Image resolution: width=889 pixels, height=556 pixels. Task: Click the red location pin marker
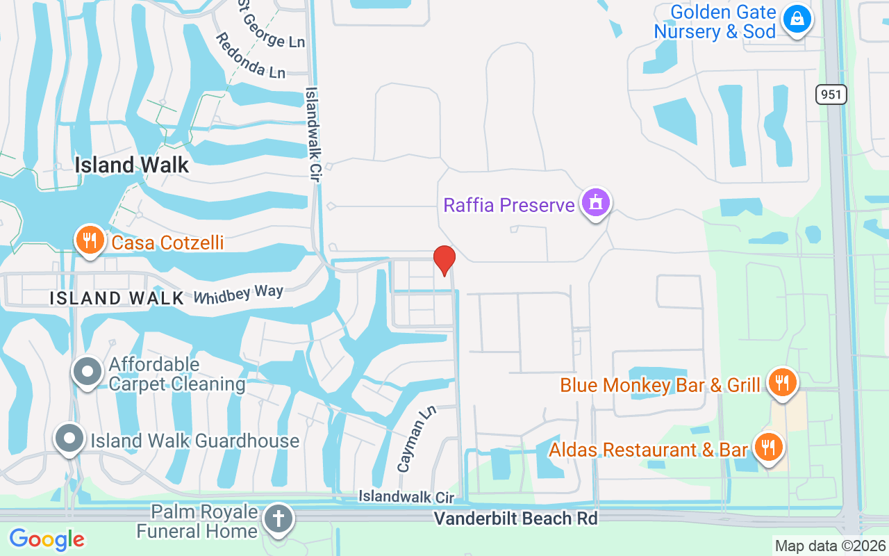click(444, 261)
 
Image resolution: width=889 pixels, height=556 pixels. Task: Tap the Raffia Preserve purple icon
click(596, 203)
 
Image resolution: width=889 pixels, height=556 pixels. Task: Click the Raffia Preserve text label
click(509, 205)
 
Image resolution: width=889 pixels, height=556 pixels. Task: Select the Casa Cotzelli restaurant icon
click(90, 240)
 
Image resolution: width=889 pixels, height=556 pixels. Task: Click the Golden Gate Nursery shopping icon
click(797, 19)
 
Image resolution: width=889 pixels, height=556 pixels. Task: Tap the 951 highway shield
click(831, 95)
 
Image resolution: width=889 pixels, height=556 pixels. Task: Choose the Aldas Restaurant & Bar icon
click(767, 448)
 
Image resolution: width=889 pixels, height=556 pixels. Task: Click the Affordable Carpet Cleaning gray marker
click(88, 372)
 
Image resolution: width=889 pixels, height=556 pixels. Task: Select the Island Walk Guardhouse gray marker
click(69, 439)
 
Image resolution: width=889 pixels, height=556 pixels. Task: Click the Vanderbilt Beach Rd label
click(515, 518)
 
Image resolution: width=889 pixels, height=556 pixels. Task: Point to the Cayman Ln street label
click(416, 439)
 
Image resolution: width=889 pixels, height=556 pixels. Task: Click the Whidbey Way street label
click(238, 293)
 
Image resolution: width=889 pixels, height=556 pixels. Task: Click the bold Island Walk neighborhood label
click(132, 165)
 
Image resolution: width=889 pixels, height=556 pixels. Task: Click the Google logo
click(47, 539)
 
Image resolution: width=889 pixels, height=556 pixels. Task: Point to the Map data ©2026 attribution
click(830, 546)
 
